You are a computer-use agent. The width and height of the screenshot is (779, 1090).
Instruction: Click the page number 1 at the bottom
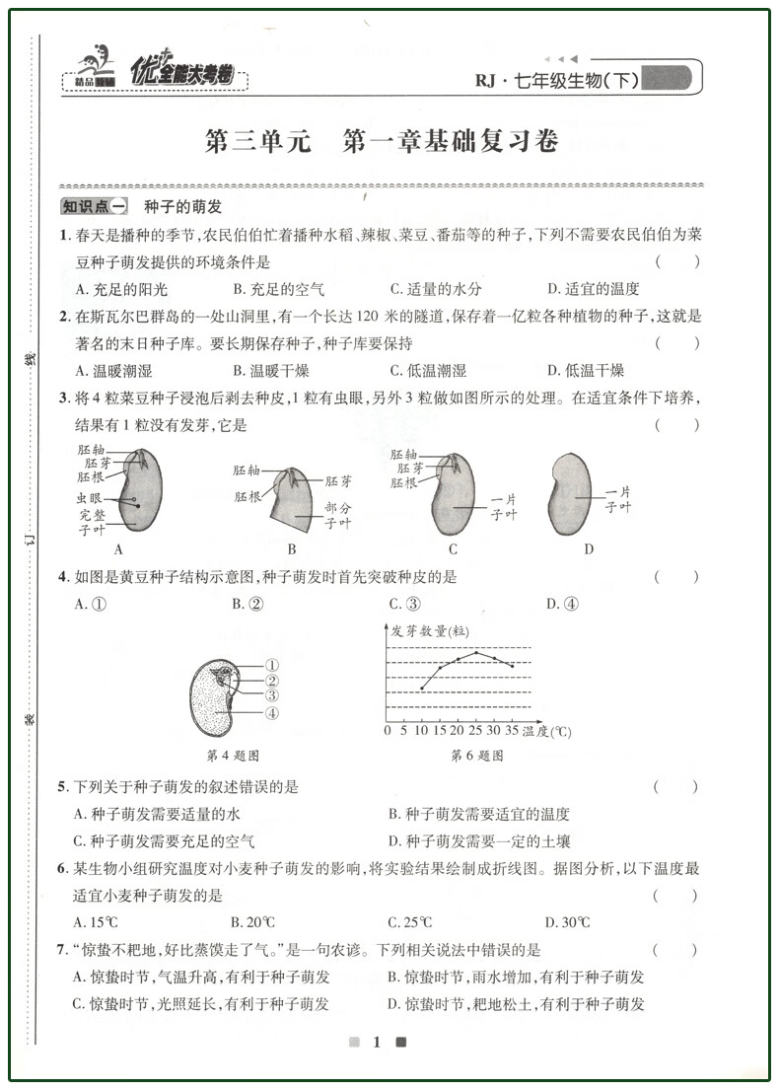(x=376, y=1043)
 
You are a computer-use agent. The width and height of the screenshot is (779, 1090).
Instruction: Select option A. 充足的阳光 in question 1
(x=120, y=289)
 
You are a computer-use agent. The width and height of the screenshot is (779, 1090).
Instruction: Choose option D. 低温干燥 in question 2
(x=585, y=371)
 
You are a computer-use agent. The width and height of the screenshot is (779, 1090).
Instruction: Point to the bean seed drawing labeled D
(x=571, y=492)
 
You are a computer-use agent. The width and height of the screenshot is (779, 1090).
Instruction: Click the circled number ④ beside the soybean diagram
(x=271, y=713)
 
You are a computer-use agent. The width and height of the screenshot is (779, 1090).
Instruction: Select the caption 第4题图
(x=232, y=756)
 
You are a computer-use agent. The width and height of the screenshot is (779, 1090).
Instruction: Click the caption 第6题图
(x=476, y=756)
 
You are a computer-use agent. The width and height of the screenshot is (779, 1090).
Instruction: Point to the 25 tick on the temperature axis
(x=474, y=732)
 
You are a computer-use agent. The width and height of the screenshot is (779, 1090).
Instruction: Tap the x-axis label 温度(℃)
(x=546, y=732)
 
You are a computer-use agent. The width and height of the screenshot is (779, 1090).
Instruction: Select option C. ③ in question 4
(x=404, y=605)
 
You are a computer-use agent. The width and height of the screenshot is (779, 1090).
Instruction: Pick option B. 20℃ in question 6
(x=252, y=923)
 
